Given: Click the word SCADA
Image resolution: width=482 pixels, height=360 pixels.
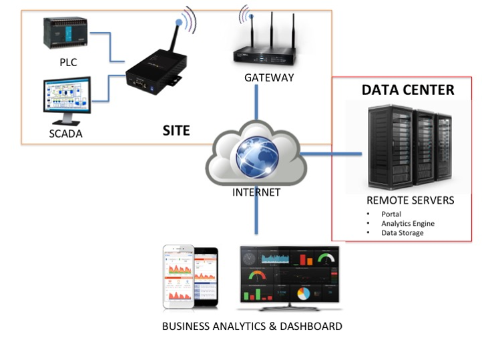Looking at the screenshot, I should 66,134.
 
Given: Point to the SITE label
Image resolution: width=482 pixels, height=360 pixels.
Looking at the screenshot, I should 176,131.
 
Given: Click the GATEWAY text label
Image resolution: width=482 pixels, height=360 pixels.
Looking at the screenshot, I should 268,77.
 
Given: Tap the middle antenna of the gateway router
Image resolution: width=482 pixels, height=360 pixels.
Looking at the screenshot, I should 273,33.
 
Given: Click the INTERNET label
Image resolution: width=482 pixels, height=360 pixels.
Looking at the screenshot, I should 256,193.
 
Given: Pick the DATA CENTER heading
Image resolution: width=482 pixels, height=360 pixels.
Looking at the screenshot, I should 407,89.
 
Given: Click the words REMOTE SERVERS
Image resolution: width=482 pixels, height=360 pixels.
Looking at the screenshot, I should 411,200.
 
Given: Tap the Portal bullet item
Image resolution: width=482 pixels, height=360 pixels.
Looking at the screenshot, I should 392,214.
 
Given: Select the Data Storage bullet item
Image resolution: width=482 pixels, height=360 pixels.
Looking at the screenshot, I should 402,232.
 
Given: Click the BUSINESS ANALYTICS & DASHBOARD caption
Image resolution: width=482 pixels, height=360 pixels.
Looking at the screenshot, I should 252,327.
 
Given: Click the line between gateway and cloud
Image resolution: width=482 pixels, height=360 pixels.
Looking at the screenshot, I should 256,107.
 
